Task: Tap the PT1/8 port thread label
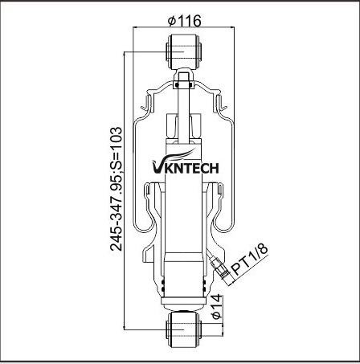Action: tap(249, 258)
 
